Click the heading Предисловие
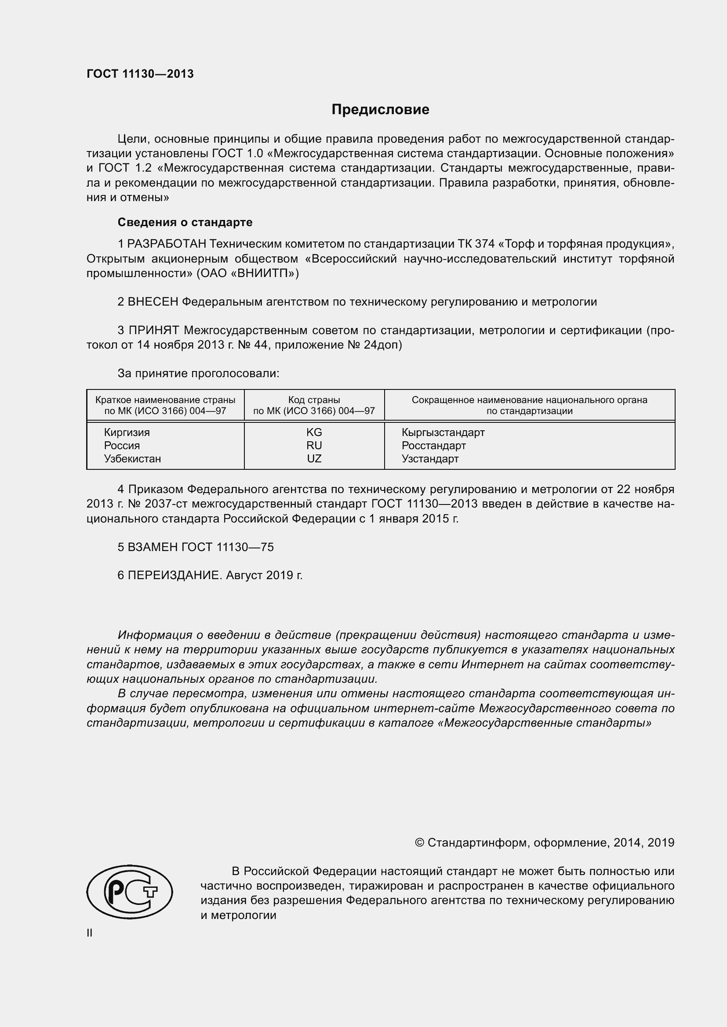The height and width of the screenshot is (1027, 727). [x=380, y=110]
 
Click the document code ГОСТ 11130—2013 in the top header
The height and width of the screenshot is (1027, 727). [x=140, y=74]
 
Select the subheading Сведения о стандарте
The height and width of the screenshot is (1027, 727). [x=185, y=222]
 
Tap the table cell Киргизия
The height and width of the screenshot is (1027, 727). [x=127, y=432]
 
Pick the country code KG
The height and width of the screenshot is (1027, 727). [x=314, y=432]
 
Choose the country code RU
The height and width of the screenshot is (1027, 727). [x=314, y=446]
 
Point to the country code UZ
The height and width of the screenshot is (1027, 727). [x=314, y=458]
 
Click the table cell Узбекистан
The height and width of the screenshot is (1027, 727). [x=132, y=458]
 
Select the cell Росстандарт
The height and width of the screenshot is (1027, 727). [x=433, y=446]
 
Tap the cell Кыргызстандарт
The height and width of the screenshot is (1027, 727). [x=443, y=432]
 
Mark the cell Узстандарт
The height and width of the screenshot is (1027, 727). [x=430, y=458]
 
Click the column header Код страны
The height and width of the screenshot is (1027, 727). [x=314, y=400]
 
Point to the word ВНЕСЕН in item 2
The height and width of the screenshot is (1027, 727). [x=153, y=302]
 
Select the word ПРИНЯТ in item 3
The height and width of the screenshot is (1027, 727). [x=153, y=331]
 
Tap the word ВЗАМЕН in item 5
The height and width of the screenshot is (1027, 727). [x=153, y=547]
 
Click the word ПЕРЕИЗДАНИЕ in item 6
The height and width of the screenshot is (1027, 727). [x=174, y=575]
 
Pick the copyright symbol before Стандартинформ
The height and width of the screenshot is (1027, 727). [x=419, y=843]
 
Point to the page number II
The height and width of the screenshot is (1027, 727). [x=90, y=933]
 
